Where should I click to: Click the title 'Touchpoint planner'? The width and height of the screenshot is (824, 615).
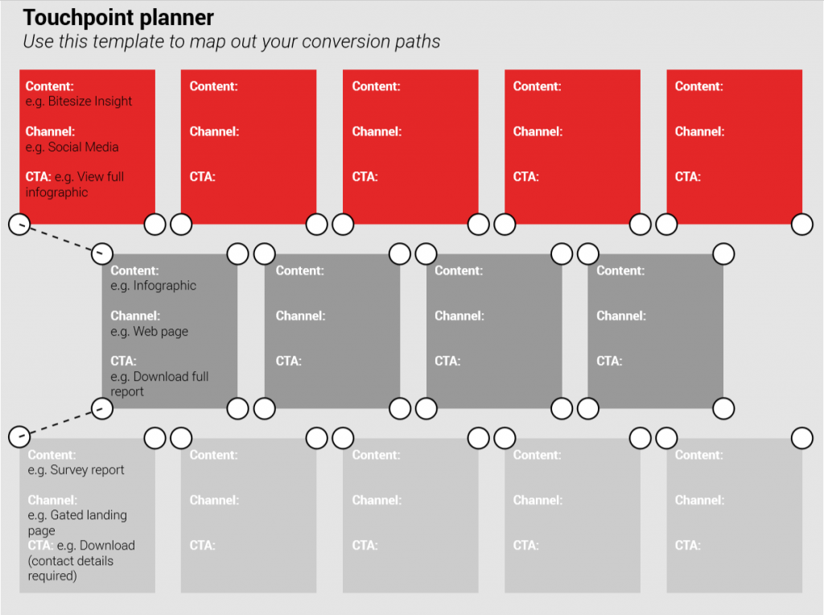tap(118, 18)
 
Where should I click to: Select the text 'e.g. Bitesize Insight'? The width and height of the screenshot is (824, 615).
tap(79, 101)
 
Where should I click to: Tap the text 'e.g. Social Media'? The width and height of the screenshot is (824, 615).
tap(72, 147)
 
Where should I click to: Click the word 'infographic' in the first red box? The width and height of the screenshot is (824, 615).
tap(57, 192)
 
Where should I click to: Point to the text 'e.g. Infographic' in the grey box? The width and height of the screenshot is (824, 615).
tap(153, 286)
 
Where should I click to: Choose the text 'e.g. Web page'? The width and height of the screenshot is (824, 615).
tap(149, 331)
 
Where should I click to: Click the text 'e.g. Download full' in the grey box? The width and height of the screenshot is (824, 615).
tap(159, 377)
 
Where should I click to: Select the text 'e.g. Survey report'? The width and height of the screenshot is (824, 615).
tap(76, 470)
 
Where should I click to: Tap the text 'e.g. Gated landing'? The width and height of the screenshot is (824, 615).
tap(77, 515)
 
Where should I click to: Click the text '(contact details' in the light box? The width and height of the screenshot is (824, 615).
tap(71, 561)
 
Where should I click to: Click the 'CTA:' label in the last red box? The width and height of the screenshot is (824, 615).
tap(688, 176)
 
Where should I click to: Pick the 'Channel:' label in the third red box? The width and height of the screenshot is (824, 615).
tap(377, 131)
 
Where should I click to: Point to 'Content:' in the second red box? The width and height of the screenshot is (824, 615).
tap(214, 86)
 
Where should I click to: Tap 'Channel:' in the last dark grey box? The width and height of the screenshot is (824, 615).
tap(621, 316)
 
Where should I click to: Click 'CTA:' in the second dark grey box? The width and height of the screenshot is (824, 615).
tap(289, 361)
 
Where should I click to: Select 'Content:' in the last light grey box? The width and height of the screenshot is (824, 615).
tap(699, 455)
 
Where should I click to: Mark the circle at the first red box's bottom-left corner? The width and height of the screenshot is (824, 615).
tap(19, 225)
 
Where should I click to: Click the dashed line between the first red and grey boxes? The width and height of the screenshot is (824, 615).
tap(61, 239)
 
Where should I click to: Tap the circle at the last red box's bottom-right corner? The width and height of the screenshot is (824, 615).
tap(802, 225)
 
